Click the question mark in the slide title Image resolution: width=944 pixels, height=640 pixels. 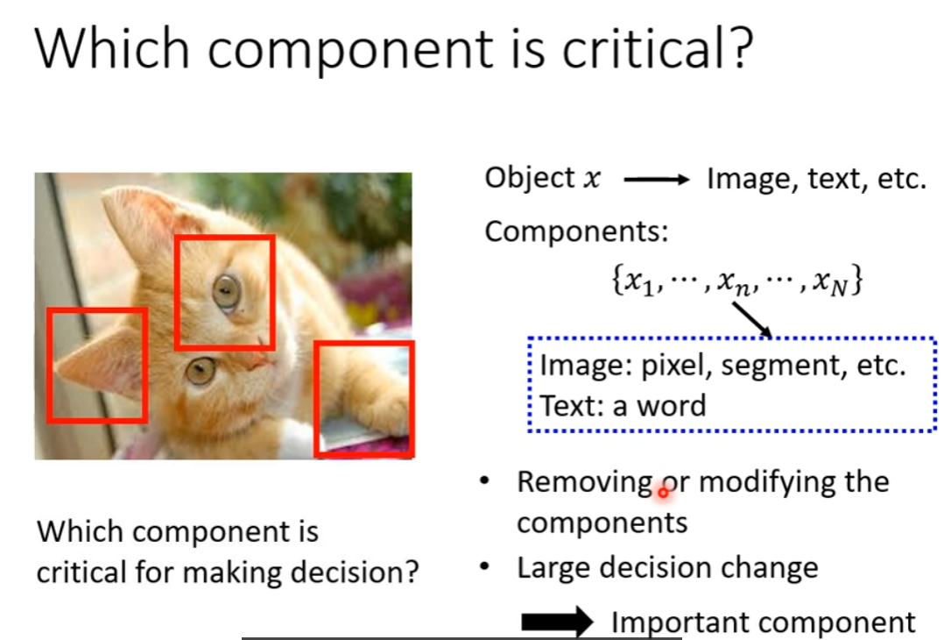[739, 48]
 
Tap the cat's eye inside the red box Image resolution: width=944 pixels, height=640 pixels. [226, 292]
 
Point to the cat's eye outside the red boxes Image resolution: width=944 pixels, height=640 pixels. [201, 370]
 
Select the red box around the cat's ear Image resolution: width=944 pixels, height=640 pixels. [47, 366]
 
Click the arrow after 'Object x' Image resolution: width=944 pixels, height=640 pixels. [656, 179]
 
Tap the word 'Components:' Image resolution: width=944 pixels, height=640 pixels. [576, 231]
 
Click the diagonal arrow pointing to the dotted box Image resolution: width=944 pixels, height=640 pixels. [752, 319]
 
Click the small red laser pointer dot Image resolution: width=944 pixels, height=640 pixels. [664, 493]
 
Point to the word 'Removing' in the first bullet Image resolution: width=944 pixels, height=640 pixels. [585, 483]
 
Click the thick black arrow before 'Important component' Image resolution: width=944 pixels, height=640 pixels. [557, 622]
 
